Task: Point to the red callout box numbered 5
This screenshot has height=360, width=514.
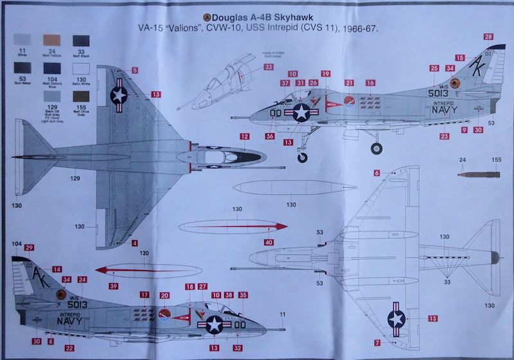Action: [x=136, y=70]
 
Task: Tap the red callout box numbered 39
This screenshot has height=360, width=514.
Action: [x=113, y=285]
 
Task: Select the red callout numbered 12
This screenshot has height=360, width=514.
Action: [x=244, y=136]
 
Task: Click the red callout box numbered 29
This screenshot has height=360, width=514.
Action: [x=29, y=248]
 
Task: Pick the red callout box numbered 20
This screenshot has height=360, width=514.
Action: [x=164, y=296]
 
